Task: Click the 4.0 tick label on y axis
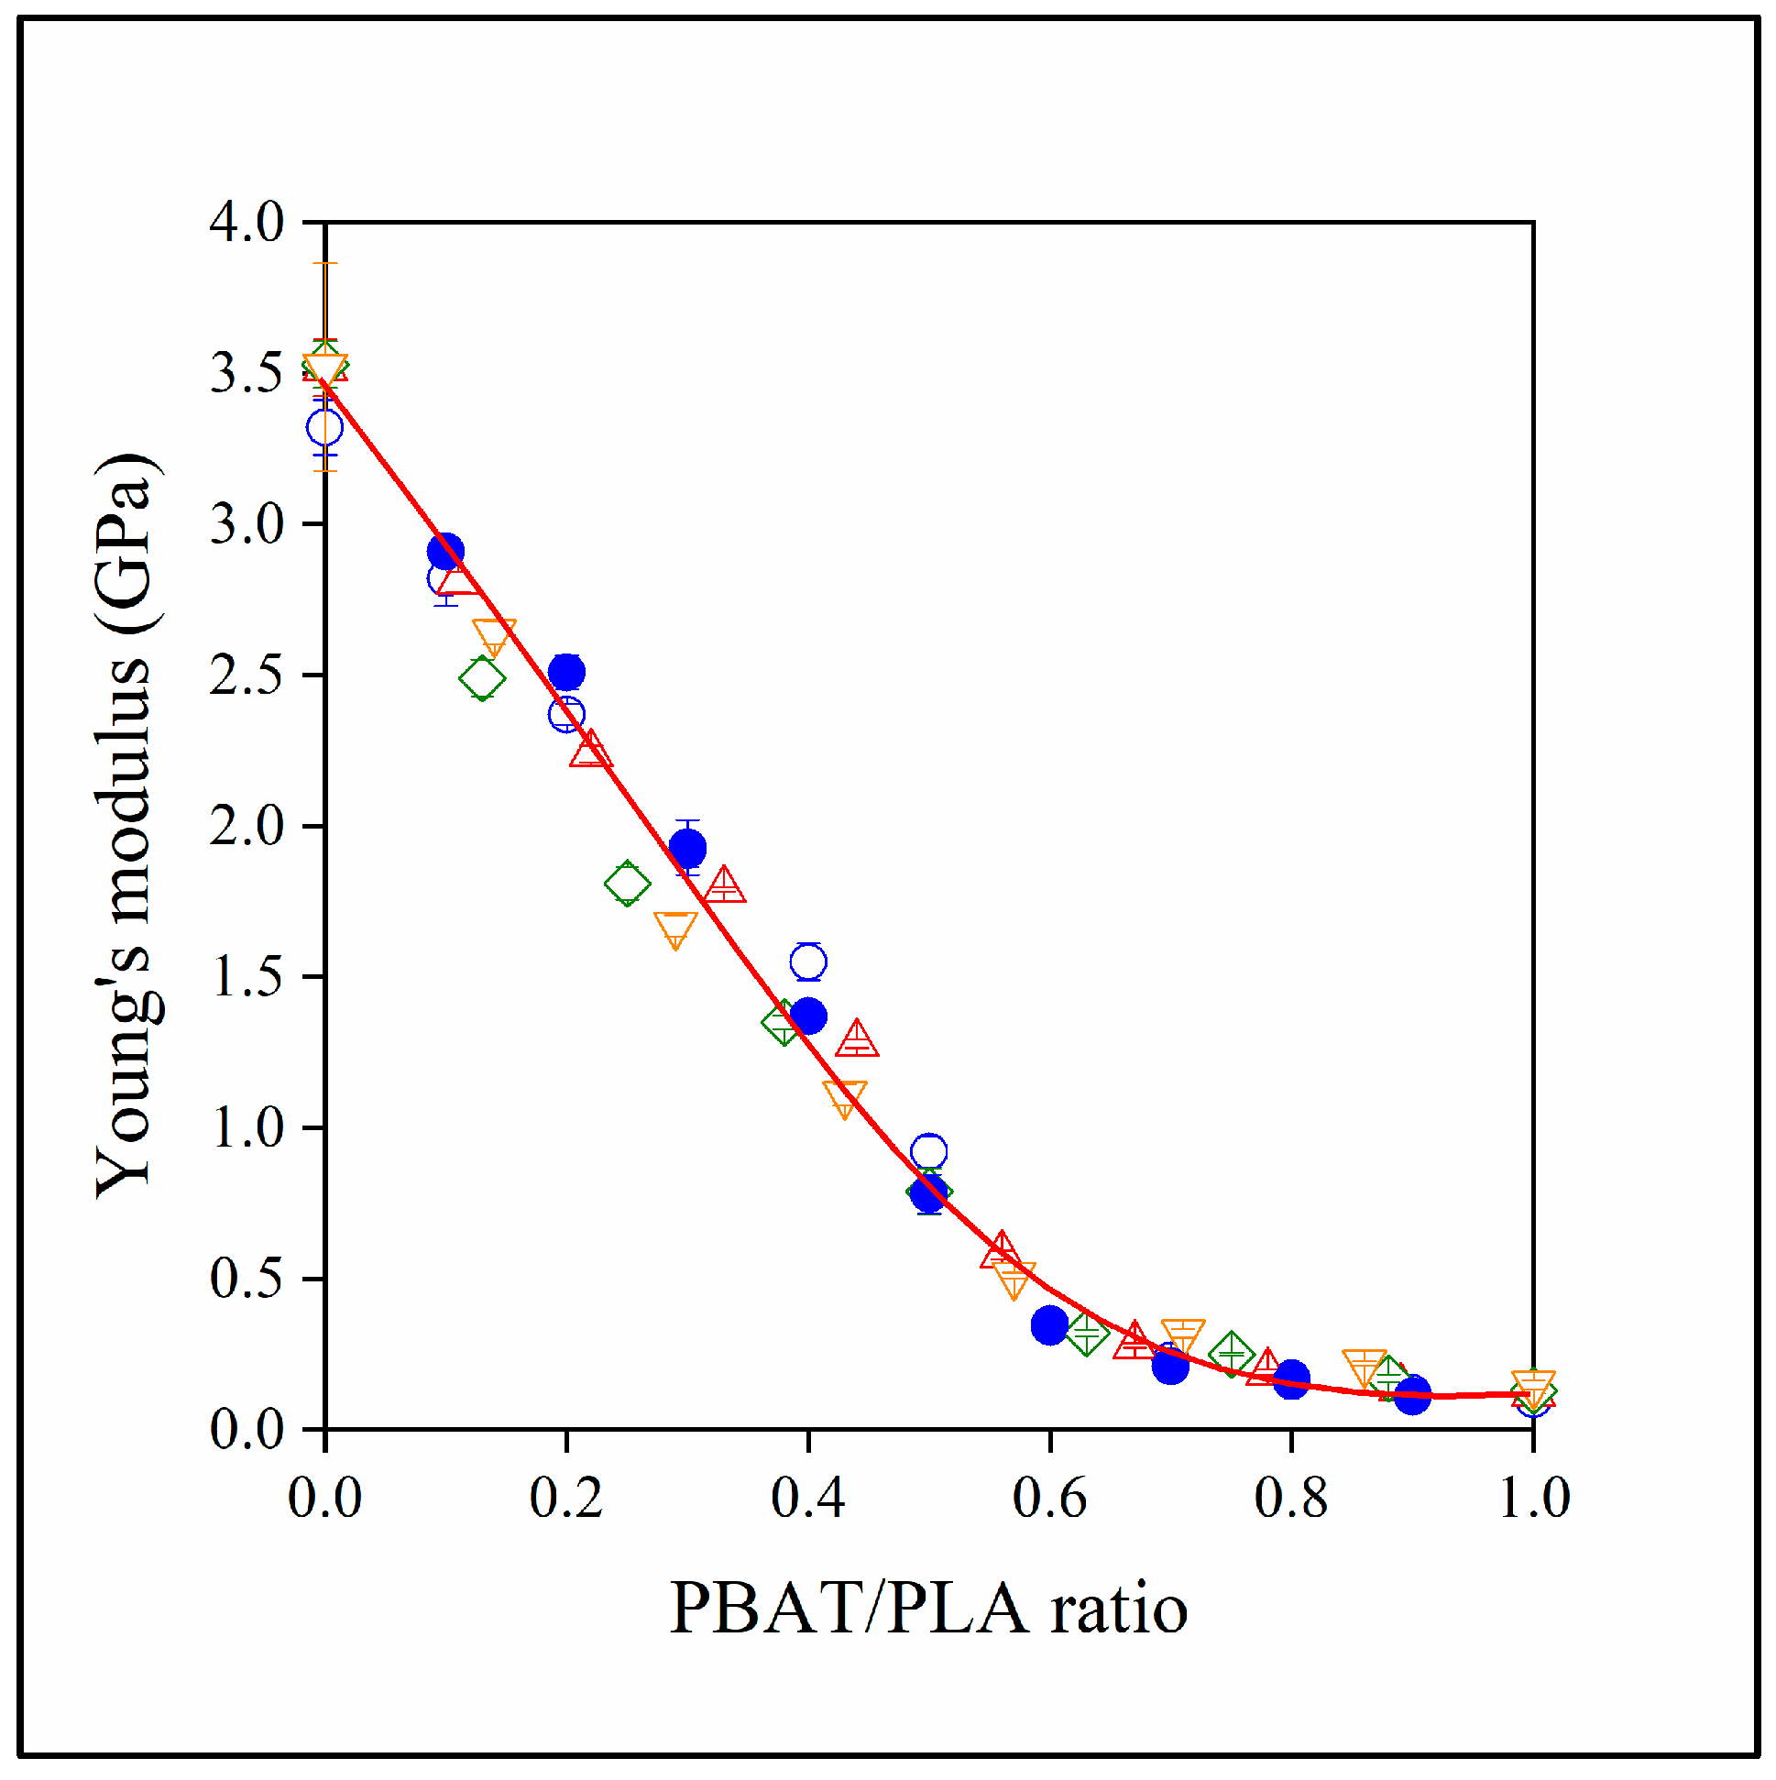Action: point(246,223)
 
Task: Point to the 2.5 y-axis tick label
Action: point(246,676)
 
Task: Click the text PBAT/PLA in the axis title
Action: point(848,1609)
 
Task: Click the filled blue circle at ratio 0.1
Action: point(445,552)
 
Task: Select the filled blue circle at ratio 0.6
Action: point(1049,1324)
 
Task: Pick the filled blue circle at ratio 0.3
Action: point(687,848)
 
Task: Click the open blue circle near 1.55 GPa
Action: point(808,961)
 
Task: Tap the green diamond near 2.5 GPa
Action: point(482,679)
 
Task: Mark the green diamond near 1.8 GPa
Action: point(628,884)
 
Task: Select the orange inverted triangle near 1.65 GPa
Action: point(675,928)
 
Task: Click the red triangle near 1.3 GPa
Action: point(857,1040)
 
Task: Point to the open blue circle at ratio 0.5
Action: point(928,1151)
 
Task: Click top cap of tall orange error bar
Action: point(324,263)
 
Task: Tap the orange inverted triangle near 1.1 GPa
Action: point(845,1096)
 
